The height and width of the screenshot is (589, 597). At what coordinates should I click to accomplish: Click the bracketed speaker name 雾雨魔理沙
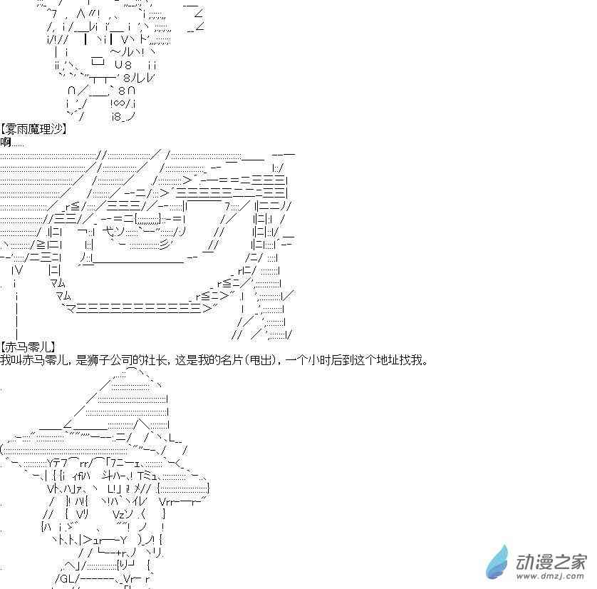[x=33, y=129]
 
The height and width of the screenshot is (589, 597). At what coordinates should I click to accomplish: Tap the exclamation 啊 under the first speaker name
[x=6, y=142]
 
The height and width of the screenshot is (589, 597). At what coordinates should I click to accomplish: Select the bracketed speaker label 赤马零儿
[x=28, y=347]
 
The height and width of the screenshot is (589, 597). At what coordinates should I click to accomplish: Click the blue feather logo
[x=498, y=560]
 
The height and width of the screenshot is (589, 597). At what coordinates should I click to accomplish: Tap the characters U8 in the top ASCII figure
[x=123, y=65]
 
